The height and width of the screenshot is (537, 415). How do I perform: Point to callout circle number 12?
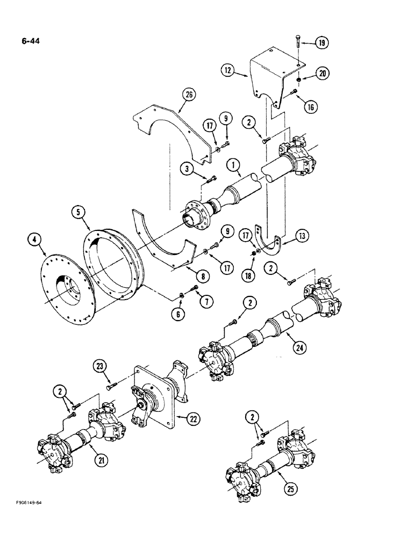pos(228,69)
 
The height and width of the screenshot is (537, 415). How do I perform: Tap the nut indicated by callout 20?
pos(298,79)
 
